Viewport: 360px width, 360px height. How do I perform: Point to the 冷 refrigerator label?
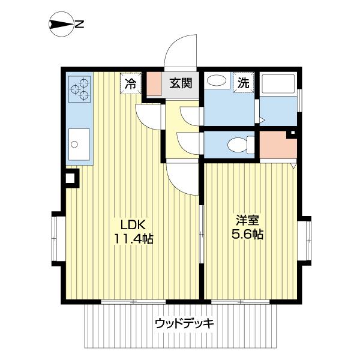pyautogui.click(x=130, y=84)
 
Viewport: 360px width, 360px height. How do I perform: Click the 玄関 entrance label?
pyautogui.click(x=179, y=83)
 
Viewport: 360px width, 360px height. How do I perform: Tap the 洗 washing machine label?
pyautogui.click(x=245, y=83)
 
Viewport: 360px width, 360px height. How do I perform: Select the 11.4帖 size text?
pyautogui.click(x=133, y=239)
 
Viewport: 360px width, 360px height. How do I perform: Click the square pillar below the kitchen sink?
pyautogui.click(x=71, y=178)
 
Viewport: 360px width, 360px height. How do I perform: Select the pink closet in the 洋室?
pyautogui.click(x=277, y=147)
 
